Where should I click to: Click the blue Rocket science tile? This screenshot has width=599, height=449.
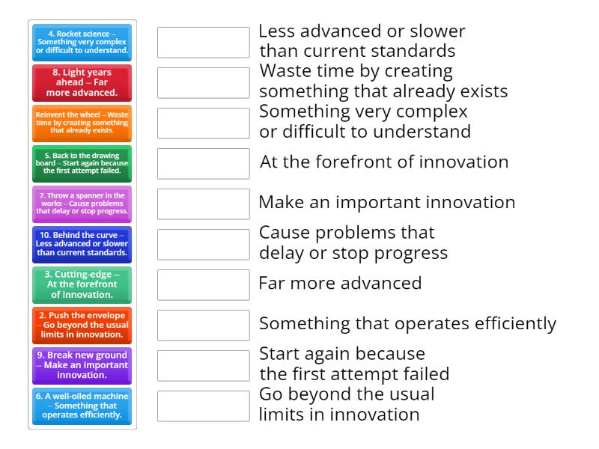point(82,43)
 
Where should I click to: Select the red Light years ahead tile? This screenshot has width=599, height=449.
point(82,83)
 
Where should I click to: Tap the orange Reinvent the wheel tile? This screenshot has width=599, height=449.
point(82,123)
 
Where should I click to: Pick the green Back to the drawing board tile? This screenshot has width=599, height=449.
point(82,164)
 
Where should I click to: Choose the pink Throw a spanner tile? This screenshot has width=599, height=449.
point(82,204)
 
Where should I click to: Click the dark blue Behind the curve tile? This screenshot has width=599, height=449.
point(82,245)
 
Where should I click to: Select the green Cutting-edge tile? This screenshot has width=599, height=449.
point(82,285)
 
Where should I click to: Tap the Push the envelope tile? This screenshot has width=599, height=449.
point(82,326)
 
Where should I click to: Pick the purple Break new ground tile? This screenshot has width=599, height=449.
point(82,366)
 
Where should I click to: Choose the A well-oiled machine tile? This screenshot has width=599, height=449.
point(82,406)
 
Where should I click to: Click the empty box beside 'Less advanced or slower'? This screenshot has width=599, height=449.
point(203,43)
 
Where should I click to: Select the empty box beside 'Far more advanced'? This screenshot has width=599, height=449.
point(203,285)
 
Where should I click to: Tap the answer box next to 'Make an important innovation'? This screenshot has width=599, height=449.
point(203,204)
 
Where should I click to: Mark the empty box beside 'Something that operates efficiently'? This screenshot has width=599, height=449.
point(203,326)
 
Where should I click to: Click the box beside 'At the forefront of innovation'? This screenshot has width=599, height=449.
point(203,164)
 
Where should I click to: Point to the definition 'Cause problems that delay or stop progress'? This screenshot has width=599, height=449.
point(353,243)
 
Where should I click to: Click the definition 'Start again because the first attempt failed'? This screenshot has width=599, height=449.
point(353,364)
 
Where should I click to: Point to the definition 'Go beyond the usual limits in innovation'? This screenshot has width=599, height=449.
point(347,404)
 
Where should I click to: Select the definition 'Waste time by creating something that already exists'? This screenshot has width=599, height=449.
point(383,82)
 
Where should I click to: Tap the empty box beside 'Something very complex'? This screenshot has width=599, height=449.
point(203,123)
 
